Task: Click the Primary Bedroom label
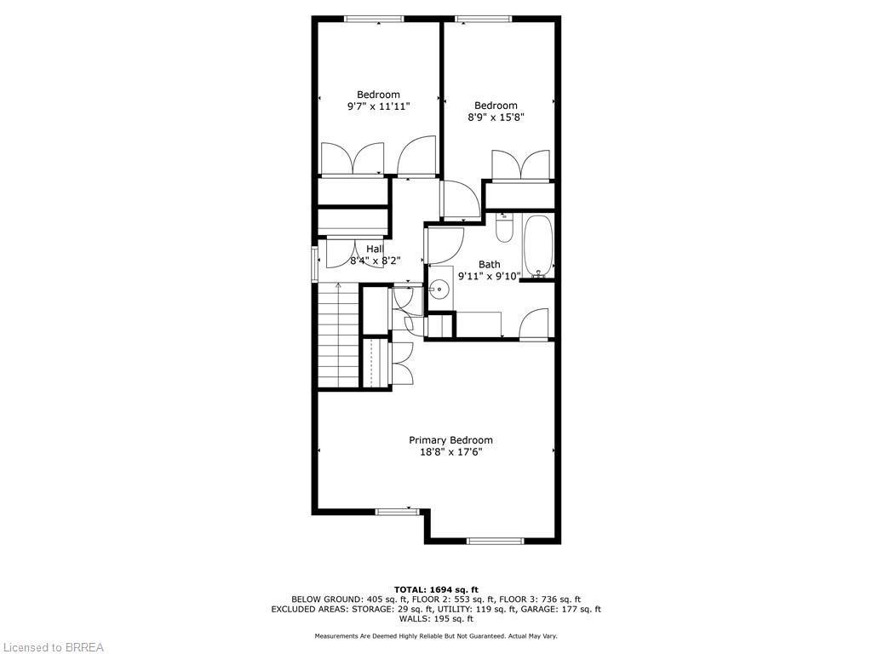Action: click(x=450, y=440)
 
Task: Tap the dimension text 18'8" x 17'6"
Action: click(x=450, y=452)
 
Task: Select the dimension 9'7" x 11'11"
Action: click(x=378, y=106)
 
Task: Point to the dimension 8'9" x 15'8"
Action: click(x=496, y=118)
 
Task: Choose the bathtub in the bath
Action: click(x=538, y=246)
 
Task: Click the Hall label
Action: click(x=375, y=249)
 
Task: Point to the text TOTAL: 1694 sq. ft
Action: click(x=436, y=589)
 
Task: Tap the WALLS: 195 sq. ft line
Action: click(x=436, y=619)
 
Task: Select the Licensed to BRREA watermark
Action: click(x=53, y=647)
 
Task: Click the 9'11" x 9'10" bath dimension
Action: click(x=489, y=276)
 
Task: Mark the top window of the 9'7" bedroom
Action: click(x=374, y=19)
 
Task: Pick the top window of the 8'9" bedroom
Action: click(x=483, y=19)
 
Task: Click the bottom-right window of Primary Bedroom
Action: click(x=496, y=540)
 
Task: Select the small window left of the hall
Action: click(x=314, y=263)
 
